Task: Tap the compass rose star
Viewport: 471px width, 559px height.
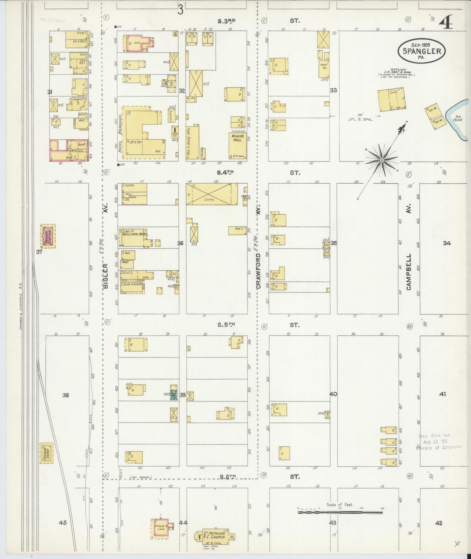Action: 382,160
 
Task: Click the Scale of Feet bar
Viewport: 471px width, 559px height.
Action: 340,512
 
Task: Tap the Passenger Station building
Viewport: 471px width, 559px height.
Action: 48,236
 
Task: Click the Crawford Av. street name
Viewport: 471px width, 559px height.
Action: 259,271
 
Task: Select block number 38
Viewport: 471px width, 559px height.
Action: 66,395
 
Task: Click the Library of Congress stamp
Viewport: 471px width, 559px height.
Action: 438,442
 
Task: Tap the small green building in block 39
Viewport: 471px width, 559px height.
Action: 174,395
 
